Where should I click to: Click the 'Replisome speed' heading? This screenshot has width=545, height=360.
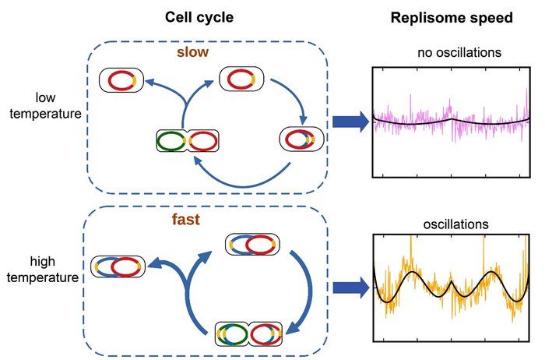tap(451, 17)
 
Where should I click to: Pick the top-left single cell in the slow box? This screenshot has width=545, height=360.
tap(121, 80)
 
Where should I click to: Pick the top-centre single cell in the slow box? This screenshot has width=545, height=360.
tap(241, 79)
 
